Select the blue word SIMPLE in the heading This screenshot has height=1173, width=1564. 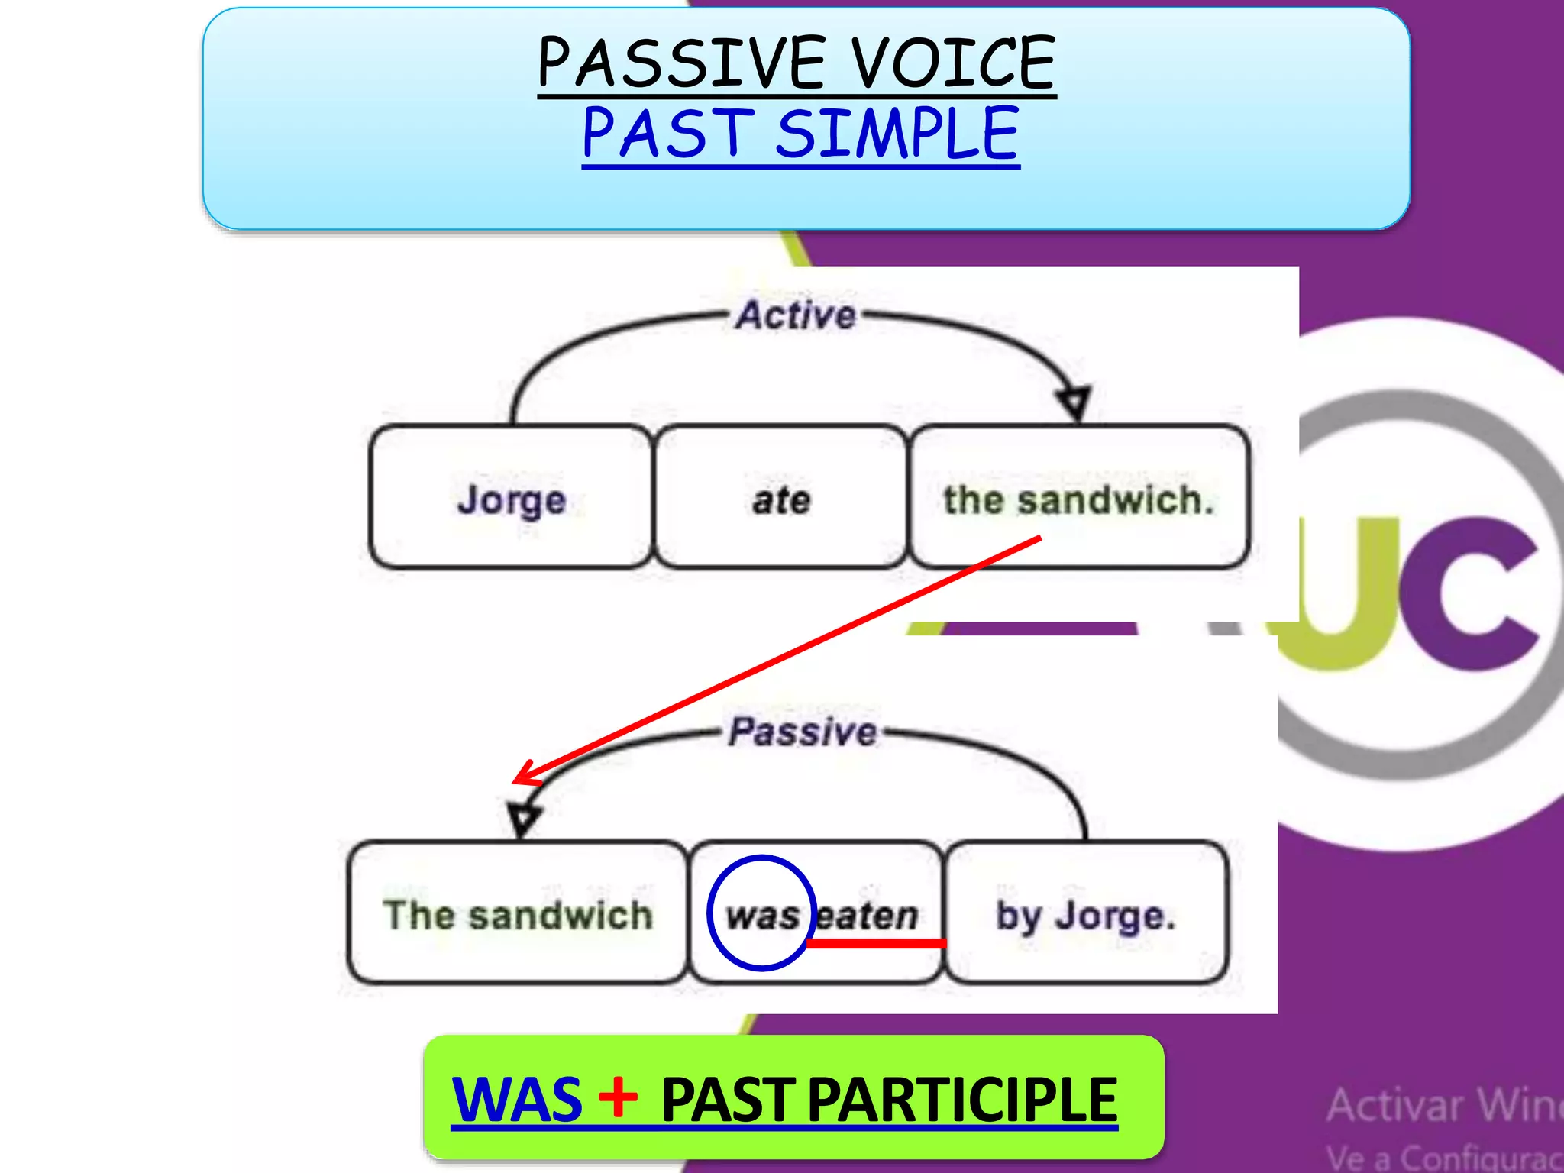897,134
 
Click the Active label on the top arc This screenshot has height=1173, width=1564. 796,315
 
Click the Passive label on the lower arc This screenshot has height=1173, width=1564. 803,732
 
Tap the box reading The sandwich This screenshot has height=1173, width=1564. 518,913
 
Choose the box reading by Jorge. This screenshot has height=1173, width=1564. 1086,913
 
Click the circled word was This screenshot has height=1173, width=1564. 761,914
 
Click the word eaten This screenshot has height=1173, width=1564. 868,914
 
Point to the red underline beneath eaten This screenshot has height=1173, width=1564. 877,944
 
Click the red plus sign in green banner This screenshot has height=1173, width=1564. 618,1097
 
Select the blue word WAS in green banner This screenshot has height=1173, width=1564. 517,1100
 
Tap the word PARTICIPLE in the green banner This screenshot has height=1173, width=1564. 961,1100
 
